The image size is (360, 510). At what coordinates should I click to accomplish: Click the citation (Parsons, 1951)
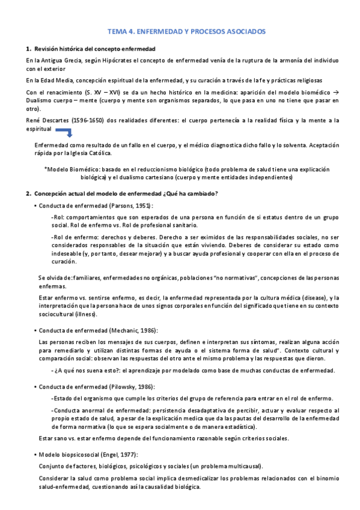coord(131,206)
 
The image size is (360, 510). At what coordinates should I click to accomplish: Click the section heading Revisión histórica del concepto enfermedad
coord(95,48)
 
